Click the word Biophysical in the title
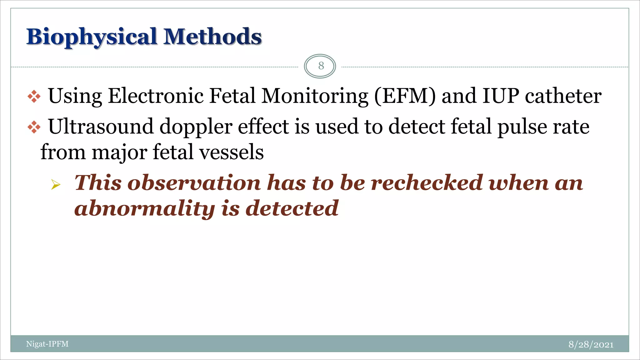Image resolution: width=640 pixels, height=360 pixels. (x=91, y=37)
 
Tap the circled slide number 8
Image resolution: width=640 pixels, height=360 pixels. (x=321, y=66)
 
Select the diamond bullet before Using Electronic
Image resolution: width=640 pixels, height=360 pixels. (x=34, y=97)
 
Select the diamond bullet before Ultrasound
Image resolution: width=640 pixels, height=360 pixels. (x=34, y=127)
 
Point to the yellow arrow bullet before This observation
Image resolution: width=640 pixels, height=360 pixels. (x=56, y=185)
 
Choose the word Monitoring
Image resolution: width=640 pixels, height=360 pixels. (x=315, y=96)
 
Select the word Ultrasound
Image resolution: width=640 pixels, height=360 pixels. (x=101, y=127)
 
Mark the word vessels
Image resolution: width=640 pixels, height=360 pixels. (x=232, y=152)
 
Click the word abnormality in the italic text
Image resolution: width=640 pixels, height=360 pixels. (x=144, y=209)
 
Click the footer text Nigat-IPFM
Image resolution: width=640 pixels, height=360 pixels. (x=47, y=344)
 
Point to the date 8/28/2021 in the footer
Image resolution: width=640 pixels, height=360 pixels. (x=591, y=344)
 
